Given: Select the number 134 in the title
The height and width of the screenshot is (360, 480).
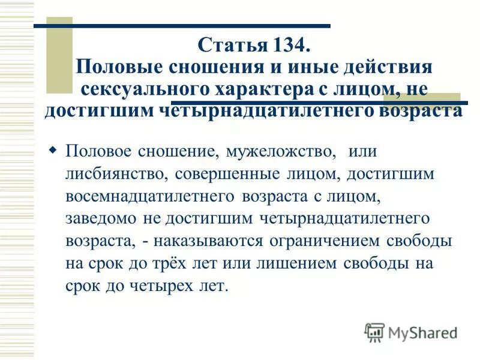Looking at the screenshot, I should [286, 46].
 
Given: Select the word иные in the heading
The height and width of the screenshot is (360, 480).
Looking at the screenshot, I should [305, 67].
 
